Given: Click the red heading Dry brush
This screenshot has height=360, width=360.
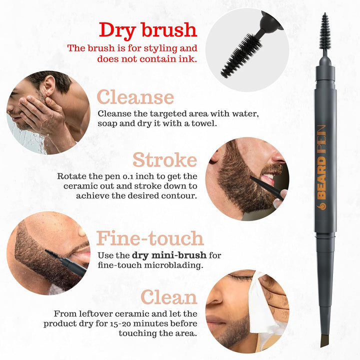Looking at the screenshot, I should click(x=147, y=29).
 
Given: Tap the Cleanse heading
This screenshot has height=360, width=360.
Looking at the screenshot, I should click(x=135, y=96).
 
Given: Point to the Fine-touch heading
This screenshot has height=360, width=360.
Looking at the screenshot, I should click(x=150, y=238).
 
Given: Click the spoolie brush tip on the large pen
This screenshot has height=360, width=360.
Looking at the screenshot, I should click(x=325, y=31).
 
